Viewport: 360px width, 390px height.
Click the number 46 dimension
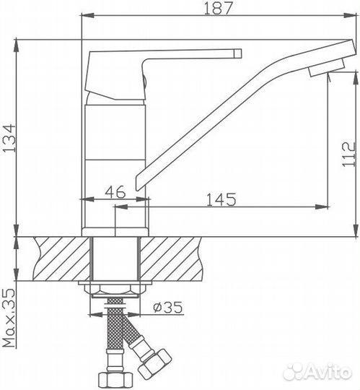pos(115,192)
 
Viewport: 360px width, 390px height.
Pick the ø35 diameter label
pos(167,308)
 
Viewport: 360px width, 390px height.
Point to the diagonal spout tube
pos(224,116)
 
